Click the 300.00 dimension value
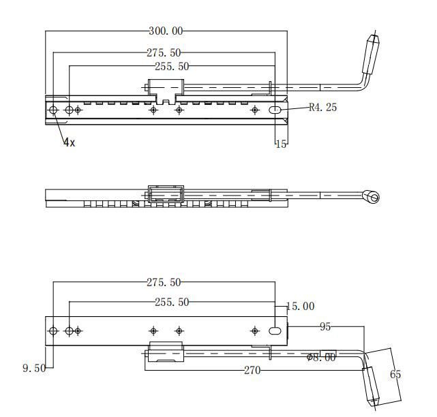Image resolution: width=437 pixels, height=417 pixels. [166, 31]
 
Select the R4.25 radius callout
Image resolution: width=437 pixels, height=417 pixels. [322, 107]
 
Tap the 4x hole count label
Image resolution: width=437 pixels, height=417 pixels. [70, 142]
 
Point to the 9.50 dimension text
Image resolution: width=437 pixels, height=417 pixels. [34, 368]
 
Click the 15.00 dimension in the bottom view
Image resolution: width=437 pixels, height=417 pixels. [301, 307]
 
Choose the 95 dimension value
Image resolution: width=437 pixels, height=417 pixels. [325, 327]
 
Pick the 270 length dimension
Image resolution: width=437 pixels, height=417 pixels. [252, 371]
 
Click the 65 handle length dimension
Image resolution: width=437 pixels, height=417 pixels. [395, 374]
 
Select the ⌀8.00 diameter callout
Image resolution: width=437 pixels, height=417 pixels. [321, 358]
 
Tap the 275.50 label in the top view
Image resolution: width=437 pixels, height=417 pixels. [164, 52]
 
